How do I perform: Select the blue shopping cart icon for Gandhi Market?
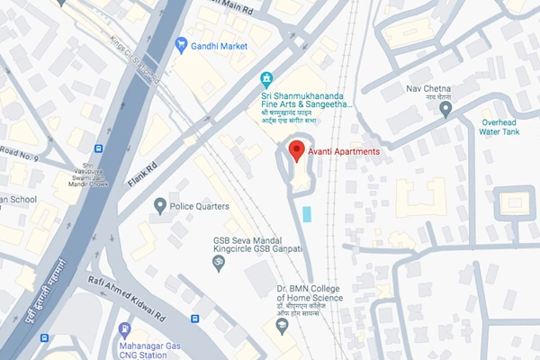pos(181,43)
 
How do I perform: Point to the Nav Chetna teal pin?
pos(445,109)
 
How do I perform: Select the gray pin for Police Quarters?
pos(160,206)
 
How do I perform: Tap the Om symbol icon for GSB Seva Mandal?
pos(216,262)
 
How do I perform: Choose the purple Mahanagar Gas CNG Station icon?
pos(124,329)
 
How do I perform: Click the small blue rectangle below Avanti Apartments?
pos(309,214)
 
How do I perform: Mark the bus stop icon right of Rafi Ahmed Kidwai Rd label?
pos(195,319)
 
